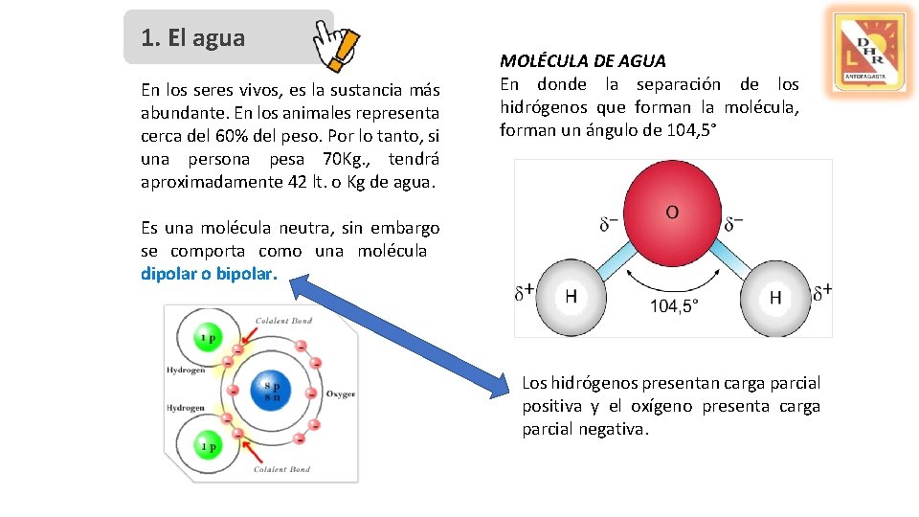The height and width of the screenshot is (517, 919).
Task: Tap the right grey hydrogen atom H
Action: click(773, 297)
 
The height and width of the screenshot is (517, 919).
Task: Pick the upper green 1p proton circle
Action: click(208, 337)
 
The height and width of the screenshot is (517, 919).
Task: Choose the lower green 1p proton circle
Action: click(208, 446)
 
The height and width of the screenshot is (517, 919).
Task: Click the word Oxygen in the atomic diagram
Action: click(341, 393)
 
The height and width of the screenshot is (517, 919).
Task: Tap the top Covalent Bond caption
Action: click(282, 321)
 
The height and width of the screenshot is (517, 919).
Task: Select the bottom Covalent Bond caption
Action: click(281, 469)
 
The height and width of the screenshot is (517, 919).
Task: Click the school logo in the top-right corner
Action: click(868, 51)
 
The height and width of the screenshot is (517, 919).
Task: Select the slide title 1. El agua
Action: click(192, 38)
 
